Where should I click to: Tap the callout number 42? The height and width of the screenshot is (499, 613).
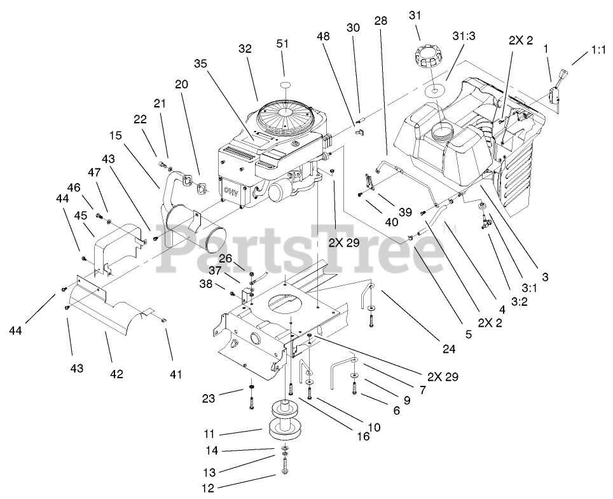click(116, 374)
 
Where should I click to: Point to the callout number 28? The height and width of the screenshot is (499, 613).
click(380, 22)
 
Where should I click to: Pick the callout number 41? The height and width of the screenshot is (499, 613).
click(175, 374)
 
